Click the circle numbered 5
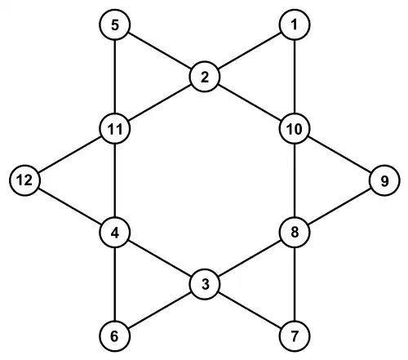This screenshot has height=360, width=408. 115,24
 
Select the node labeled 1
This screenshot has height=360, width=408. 295,24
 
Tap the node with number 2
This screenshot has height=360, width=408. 205,77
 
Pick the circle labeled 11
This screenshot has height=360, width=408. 115,129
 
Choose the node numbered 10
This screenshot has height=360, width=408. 295,129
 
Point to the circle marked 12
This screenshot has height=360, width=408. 25,180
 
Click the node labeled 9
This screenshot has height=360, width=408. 384,180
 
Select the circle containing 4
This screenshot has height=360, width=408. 115,233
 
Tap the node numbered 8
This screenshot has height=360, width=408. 295,233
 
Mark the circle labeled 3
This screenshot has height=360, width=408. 205,284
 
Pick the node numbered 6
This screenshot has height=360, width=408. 115,336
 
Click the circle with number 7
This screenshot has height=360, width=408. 295,336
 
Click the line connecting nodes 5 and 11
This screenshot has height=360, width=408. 115,77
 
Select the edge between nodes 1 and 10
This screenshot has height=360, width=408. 295,77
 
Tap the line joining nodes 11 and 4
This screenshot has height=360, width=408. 115,180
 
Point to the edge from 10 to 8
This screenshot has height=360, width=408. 295,180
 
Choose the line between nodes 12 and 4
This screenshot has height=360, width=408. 70,207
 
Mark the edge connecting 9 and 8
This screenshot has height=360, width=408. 339,207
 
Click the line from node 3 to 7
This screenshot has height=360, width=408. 250,310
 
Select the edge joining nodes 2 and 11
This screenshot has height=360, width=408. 160,103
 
